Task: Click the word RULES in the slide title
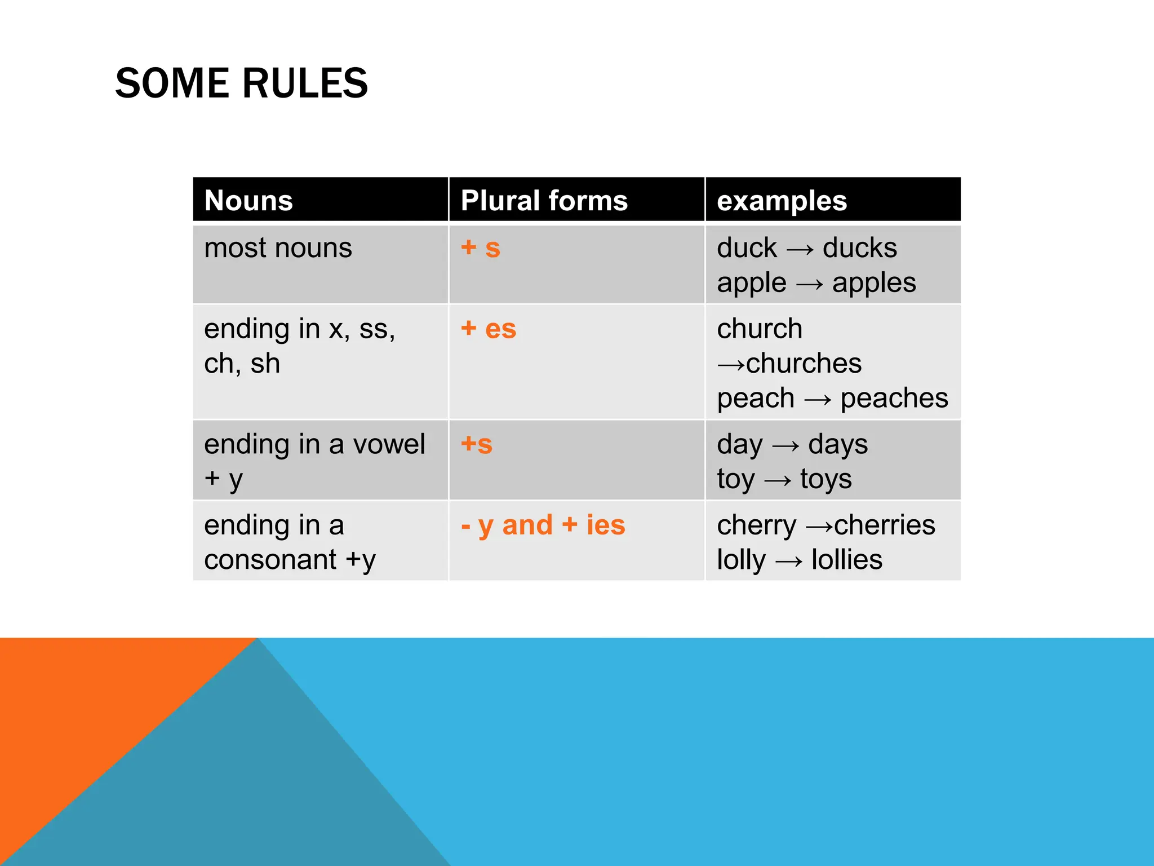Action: click(x=305, y=83)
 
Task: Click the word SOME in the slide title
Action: click(x=172, y=83)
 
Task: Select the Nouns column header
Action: click(x=248, y=201)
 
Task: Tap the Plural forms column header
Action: click(x=544, y=201)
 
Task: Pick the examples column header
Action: click(x=782, y=201)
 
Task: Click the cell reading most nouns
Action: click(x=278, y=248)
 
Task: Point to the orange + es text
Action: click(x=488, y=329)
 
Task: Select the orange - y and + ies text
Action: click(x=543, y=525)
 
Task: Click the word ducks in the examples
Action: click(x=859, y=248)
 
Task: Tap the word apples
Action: click(x=873, y=283)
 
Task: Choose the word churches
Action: click(x=804, y=364)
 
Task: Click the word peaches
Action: click(x=894, y=399)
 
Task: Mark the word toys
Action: click(x=825, y=480)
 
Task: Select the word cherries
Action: click(x=884, y=525)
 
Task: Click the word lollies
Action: click(x=846, y=560)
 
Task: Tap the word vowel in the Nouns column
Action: click(x=389, y=445)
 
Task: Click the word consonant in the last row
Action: click(x=270, y=560)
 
